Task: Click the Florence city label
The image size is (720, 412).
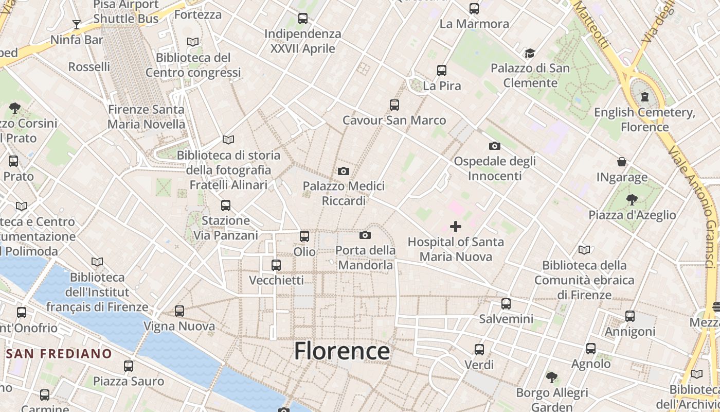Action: (342, 351)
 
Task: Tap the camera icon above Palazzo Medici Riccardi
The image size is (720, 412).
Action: (344, 171)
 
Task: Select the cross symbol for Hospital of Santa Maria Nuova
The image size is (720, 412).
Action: (456, 227)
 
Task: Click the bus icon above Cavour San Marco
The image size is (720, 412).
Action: (394, 105)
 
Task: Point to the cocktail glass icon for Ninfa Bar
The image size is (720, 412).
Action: (77, 24)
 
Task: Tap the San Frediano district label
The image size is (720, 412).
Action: (59, 354)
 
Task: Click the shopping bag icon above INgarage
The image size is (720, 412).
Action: (622, 162)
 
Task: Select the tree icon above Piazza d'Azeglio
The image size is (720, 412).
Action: (632, 199)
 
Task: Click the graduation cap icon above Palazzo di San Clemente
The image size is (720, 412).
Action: (530, 53)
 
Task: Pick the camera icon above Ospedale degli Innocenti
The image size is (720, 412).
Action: (495, 146)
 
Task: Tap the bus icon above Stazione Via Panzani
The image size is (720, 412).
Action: (225, 205)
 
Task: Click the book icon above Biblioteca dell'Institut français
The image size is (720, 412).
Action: (97, 262)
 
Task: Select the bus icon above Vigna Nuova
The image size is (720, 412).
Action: (179, 311)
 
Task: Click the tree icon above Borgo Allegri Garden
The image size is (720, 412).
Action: (552, 377)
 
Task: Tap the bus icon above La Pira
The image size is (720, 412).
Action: (442, 71)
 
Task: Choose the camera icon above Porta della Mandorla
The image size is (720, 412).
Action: (365, 235)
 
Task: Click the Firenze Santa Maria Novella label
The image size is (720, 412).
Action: (146, 117)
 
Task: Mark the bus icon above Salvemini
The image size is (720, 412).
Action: (506, 304)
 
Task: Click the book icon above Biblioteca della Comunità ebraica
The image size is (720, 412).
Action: (584, 250)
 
